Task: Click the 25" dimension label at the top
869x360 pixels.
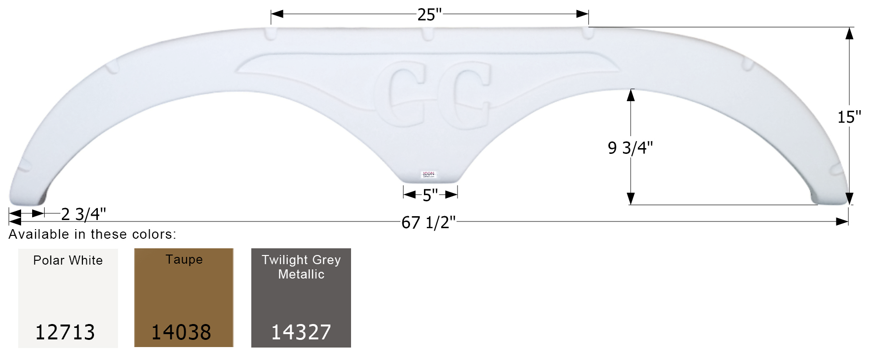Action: (429, 15)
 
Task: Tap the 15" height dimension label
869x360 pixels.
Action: (849, 117)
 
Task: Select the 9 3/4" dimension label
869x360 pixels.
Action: (630, 148)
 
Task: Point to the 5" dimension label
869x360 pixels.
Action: (430, 196)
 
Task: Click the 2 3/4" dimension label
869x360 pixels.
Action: (83, 214)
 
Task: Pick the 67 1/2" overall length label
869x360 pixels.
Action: (428, 222)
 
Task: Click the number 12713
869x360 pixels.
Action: (65, 332)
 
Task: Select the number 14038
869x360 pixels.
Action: (181, 332)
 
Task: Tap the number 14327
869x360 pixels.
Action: (301, 332)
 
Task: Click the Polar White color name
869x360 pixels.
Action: (68, 260)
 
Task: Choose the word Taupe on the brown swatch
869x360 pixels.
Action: (184, 259)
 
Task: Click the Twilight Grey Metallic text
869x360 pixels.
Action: (301, 267)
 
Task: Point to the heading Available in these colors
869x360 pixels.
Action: (93, 234)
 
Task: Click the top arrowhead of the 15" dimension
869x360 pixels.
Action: (849, 33)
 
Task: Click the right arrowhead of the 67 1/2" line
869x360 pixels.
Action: (842, 221)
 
